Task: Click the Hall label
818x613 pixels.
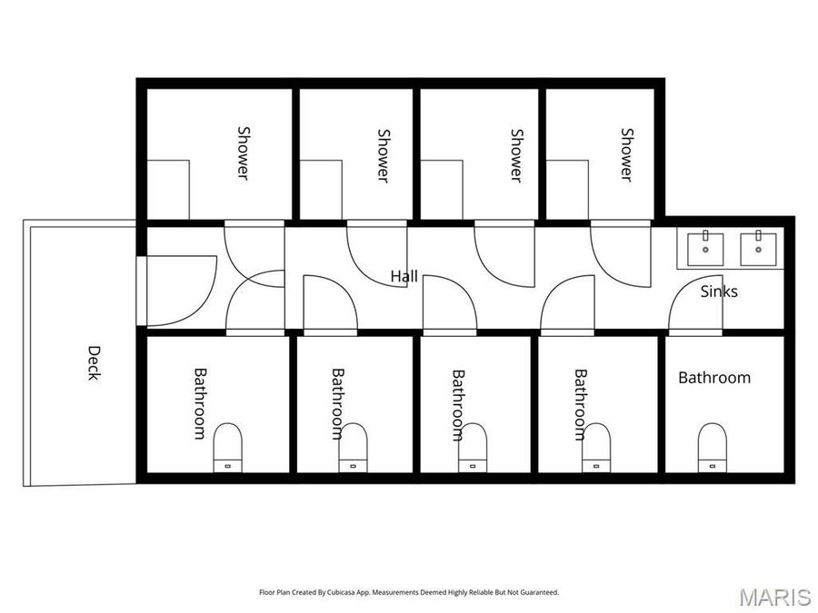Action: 404,275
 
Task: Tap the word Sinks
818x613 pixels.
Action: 719,292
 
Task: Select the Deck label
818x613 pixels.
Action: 94,361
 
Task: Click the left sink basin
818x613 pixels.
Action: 704,247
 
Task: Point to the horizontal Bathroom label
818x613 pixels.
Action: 714,377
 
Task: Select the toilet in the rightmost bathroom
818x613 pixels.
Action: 713,448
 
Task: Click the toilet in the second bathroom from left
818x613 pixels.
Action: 353,448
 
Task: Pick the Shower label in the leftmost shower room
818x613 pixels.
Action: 243,152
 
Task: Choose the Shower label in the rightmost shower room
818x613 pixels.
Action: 626,153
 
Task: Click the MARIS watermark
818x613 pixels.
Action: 774,597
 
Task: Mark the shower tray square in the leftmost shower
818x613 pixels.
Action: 168,190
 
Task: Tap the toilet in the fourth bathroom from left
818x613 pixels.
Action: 596,448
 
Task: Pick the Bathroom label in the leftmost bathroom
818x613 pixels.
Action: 199,403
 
